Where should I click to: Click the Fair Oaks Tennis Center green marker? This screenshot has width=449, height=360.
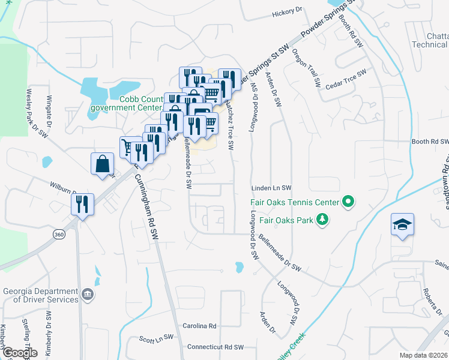coord(347,202)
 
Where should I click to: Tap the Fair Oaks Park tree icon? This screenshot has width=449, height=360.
coord(323,220)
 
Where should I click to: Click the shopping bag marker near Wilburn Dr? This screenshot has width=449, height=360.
coord(102,163)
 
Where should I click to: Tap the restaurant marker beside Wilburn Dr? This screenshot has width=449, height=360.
coord(83,204)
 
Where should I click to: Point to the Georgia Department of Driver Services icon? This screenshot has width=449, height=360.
coord(88,294)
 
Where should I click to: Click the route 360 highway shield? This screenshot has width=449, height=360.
coord(58,233)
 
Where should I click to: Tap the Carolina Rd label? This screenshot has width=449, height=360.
coord(199,325)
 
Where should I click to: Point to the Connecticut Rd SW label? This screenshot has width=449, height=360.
coord(215,347)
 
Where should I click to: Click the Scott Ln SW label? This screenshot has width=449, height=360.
coord(156,338)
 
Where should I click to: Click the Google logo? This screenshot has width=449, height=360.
coord(19,353)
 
